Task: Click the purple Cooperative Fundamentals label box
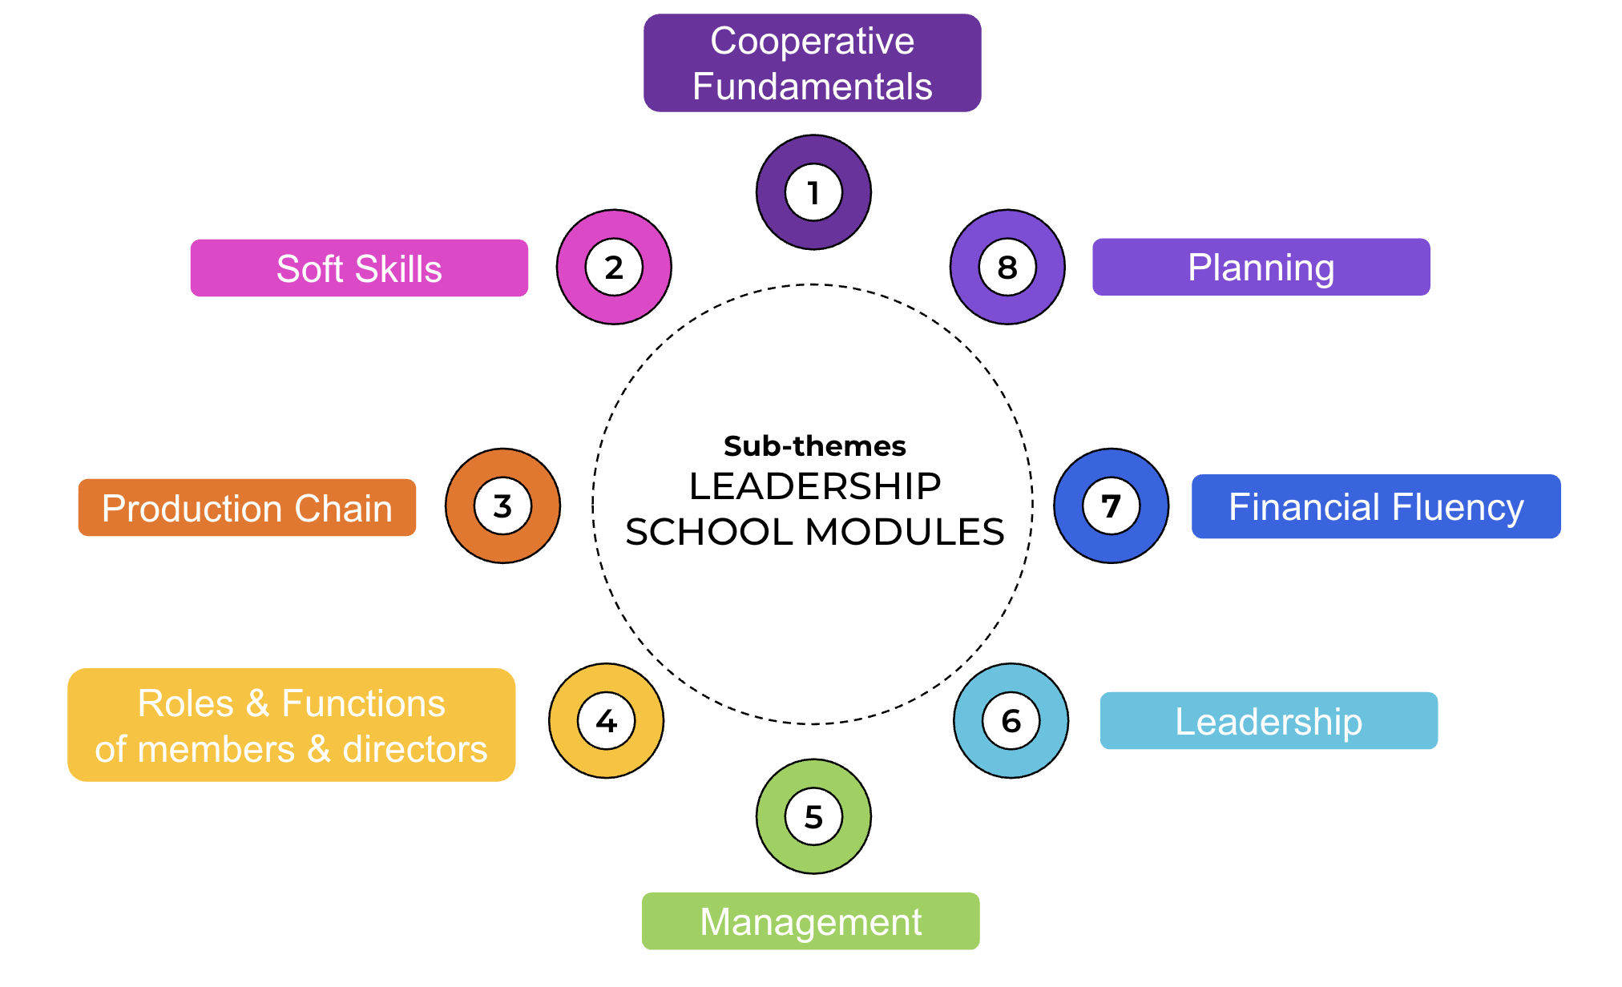point(812,62)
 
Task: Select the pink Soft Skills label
point(359,268)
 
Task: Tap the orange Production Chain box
point(247,508)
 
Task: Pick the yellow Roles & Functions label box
point(291,725)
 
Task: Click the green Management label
point(810,921)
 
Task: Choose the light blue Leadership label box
point(1269,721)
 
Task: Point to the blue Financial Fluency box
point(1376,506)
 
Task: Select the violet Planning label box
point(1261,267)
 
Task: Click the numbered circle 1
point(813,192)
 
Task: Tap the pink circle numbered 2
point(614,267)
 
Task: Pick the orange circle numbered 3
point(502,506)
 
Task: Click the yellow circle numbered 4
point(606,721)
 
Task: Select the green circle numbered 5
point(813,816)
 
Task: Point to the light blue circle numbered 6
point(1011,721)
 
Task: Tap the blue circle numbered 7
point(1111,506)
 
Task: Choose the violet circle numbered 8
point(1007,267)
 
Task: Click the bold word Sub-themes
point(814,445)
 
